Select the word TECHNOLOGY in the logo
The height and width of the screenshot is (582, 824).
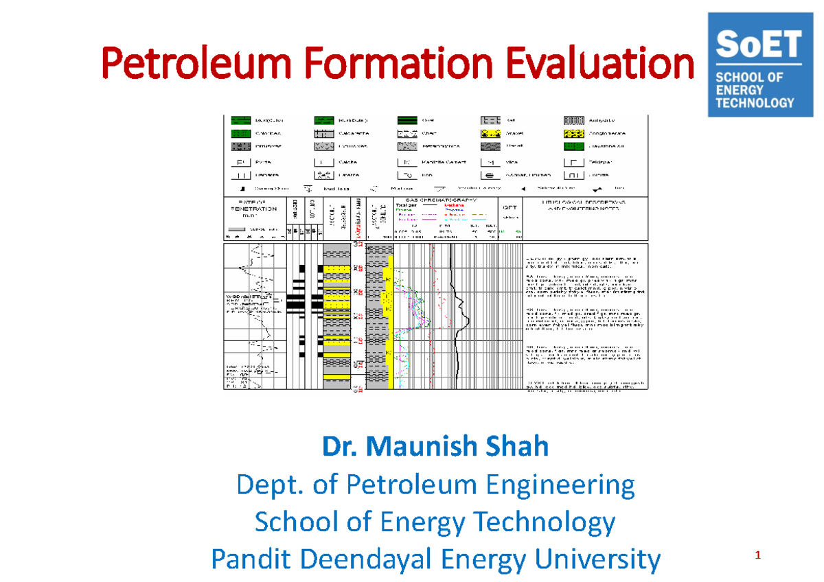[x=755, y=103]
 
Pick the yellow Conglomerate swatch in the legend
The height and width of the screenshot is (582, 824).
[x=574, y=132]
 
